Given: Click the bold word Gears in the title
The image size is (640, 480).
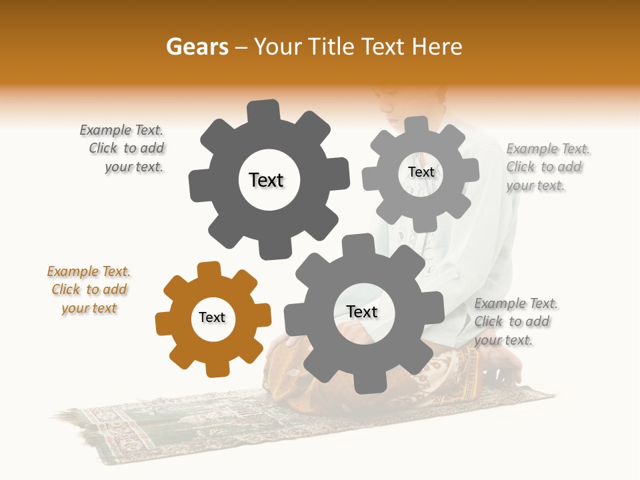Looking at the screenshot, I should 197,47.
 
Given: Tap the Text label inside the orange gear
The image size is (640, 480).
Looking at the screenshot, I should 212,317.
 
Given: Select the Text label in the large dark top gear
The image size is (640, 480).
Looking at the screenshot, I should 266,180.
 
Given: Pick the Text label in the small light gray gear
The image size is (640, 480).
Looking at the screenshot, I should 421,172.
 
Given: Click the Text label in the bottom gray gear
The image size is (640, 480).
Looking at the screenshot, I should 362,312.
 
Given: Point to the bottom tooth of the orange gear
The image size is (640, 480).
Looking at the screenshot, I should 215,369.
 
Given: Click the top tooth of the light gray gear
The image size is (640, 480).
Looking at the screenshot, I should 416,125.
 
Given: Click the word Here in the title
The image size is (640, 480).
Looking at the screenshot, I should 437,47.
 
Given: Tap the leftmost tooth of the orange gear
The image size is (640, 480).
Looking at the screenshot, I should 162,323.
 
